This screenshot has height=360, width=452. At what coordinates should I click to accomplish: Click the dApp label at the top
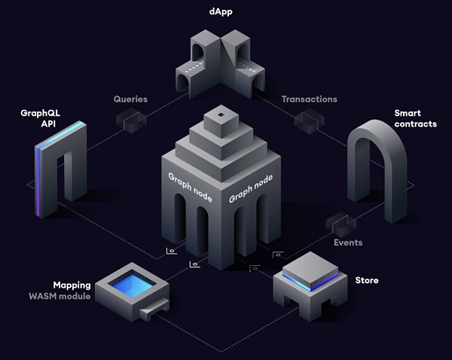[221, 13]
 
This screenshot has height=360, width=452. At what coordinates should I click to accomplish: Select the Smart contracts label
[415, 119]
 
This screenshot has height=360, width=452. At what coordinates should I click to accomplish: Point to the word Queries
[130, 99]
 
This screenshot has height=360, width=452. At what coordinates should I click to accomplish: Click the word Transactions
[309, 99]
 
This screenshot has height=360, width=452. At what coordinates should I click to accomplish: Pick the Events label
[348, 243]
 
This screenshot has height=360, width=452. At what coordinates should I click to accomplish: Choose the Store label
[367, 281]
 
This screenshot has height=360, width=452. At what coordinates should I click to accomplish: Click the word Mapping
[72, 285]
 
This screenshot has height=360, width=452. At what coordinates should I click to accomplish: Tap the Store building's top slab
[309, 264]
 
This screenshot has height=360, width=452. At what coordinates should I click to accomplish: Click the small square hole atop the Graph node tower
[220, 114]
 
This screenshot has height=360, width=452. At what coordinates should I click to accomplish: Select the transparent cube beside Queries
[131, 120]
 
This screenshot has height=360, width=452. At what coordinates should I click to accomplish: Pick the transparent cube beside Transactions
[308, 120]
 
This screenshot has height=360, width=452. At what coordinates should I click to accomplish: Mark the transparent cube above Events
[341, 224]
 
